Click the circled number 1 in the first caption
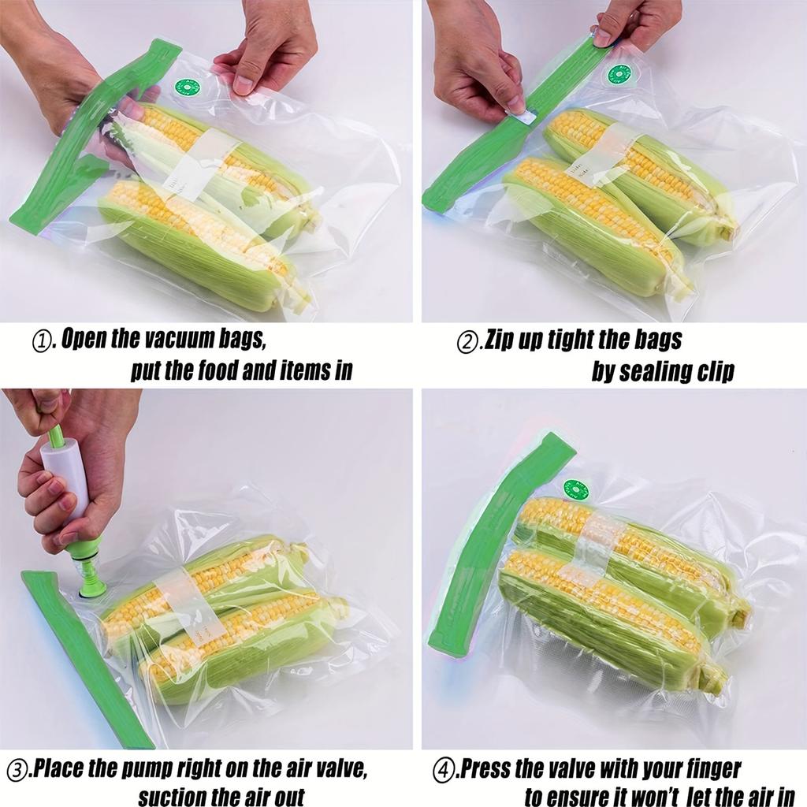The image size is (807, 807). click(41, 341)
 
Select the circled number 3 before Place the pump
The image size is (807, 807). click(18, 769)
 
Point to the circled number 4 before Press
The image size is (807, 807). click(445, 769)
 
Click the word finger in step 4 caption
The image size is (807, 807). click(708, 768)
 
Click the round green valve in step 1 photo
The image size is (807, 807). click(188, 87)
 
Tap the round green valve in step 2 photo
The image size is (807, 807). click(619, 75)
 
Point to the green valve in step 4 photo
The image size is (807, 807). click(576, 490)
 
